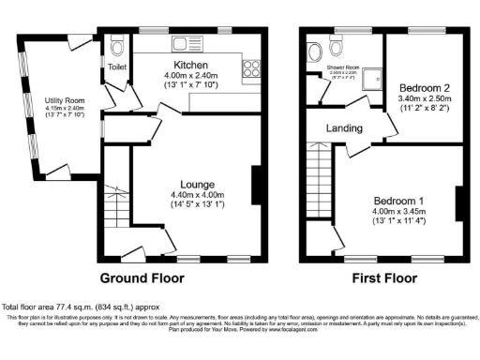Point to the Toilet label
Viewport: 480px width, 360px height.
coord(118,67)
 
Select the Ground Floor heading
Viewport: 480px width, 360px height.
coord(142,277)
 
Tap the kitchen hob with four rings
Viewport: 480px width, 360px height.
coord(250,68)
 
